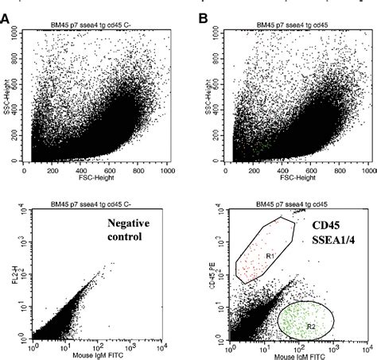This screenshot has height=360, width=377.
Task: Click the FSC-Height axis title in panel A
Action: coord(99,177)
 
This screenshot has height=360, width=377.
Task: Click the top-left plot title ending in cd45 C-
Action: coord(99,25)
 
